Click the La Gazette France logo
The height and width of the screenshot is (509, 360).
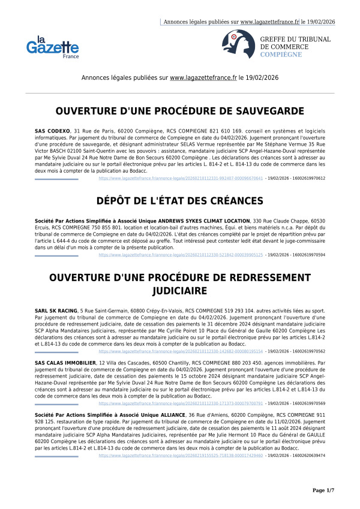pyautogui.click(x=52, y=46)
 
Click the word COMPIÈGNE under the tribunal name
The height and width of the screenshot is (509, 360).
pyautogui.click(x=281, y=54)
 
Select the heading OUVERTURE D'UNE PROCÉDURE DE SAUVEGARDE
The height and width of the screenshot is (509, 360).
pyautogui.click(x=180, y=111)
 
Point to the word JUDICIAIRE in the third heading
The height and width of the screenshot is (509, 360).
pyautogui.click(x=180, y=291)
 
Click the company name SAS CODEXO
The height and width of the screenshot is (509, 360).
pyautogui.click(x=53, y=130)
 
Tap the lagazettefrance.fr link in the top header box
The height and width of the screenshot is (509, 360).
pyautogui.click(x=269, y=22)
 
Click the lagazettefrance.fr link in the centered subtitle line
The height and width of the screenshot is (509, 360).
pyautogui.click(x=203, y=78)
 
